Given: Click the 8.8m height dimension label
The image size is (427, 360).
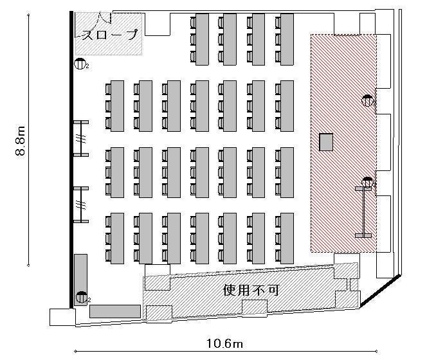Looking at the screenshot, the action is coord(21,141).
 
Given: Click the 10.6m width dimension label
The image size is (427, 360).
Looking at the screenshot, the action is coord(224,343).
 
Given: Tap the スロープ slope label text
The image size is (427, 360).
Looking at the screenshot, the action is coord(110,35).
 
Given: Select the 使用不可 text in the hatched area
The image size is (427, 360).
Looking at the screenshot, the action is coord(251,291).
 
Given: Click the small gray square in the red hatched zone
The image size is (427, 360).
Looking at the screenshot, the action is coord(326,142).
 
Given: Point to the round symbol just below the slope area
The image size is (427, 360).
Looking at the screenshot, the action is coord(79,64).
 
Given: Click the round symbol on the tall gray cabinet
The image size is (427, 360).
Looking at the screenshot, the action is coord(81,297).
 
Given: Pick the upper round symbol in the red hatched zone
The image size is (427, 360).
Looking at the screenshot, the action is coord(367,100).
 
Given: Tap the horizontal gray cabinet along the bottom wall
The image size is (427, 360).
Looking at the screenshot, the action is coord(115,311).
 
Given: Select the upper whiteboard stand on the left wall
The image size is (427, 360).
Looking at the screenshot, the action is coord(81,139).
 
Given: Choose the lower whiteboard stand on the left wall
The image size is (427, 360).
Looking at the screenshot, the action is coord(81,205).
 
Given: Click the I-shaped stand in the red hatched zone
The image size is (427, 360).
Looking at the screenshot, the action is coord(363,212).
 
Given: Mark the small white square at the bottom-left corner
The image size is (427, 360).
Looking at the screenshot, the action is coord(62,317).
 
